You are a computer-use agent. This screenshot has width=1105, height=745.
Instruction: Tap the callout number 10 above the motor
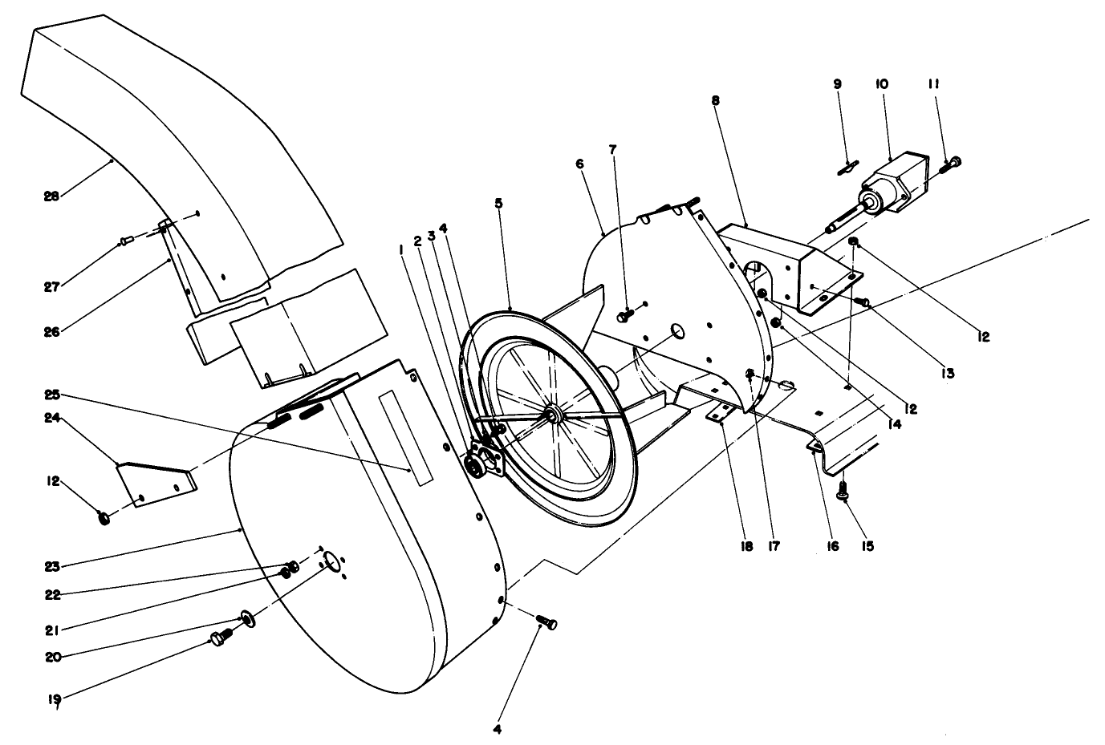(x=881, y=83)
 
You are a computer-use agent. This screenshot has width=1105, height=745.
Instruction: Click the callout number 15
(x=867, y=546)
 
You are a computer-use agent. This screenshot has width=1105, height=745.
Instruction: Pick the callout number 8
(x=715, y=100)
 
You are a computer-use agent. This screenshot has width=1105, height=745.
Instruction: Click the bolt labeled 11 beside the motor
(x=953, y=164)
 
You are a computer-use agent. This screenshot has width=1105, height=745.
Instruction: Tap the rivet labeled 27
(x=125, y=239)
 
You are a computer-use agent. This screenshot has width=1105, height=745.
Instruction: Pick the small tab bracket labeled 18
(x=720, y=413)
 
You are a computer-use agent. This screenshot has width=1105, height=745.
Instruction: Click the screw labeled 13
(x=863, y=302)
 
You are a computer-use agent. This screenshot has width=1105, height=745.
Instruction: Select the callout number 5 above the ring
(x=498, y=204)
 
